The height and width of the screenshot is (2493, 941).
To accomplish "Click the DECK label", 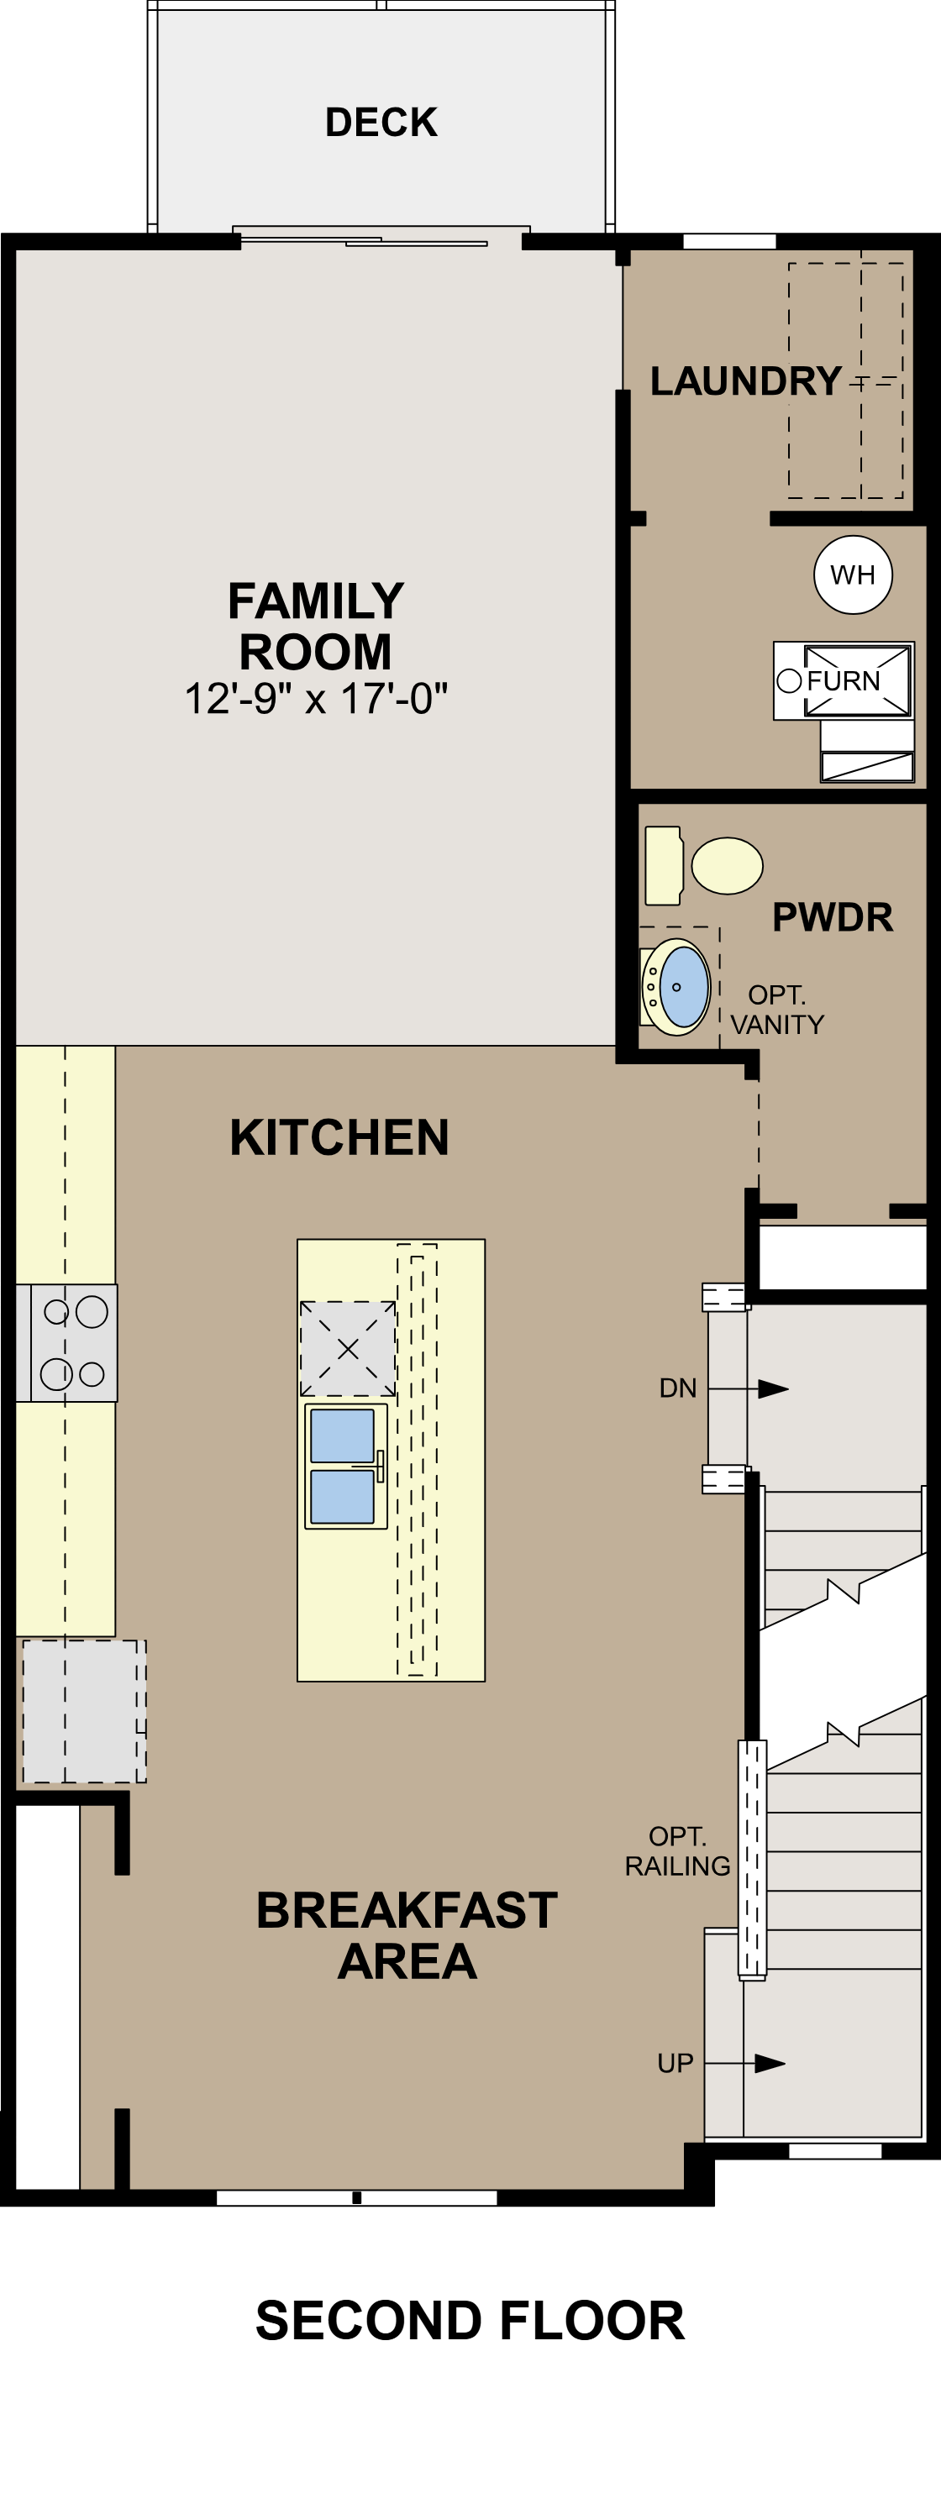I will pyautogui.click(x=381, y=123).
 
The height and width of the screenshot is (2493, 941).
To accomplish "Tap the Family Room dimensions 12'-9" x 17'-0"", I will pyautogui.click(x=316, y=699).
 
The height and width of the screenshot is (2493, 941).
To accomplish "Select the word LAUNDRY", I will pyautogui.click(x=745, y=381).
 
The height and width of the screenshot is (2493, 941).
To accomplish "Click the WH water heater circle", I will pyautogui.click(x=853, y=575).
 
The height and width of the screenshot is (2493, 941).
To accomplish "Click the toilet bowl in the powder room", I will pyautogui.click(x=727, y=865).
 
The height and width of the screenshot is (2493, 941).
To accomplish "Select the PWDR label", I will pyautogui.click(x=833, y=917).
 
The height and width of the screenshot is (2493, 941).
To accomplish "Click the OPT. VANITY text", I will pyautogui.click(x=777, y=1010).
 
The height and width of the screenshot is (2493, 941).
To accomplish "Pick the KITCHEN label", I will pyautogui.click(x=339, y=1138).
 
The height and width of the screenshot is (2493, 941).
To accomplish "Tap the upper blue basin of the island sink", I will pyautogui.click(x=342, y=1435).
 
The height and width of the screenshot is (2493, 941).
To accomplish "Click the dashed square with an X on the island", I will pyautogui.click(x=348, y=1348).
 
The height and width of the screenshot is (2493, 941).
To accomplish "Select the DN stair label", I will pyautogui.click(x=678, y=1388).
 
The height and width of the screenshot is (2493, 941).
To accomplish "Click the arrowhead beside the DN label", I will pyautogui.click(x=773, y=1388).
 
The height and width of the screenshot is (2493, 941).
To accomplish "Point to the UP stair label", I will pyautogui.click(x=676, y=2063).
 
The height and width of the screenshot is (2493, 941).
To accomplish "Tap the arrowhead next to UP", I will pyautogui.click(x=770, y=2063).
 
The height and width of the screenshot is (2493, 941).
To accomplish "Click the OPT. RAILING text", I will pyautogui.click(x=678, y=1851).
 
